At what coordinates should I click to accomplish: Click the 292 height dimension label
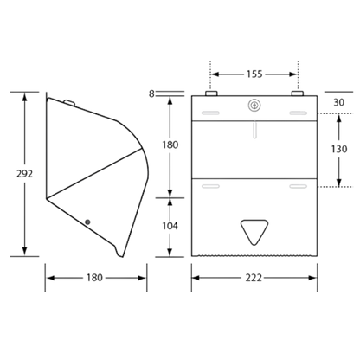[x=24, y=174]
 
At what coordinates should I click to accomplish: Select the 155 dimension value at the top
[x=254, y=74]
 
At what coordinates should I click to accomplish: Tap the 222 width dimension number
[x=254, y=278]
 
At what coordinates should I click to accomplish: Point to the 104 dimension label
[x=170, y=226]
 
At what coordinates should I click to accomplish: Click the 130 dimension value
[x=339, y=149]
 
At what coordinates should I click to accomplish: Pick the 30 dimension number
[x=338, y=102]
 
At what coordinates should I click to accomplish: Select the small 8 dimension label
[x=151, y=93]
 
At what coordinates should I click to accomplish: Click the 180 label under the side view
[x=94, y=278]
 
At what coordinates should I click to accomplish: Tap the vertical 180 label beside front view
[x=170, y=145]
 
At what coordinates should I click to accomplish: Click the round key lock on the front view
[x=254, y=106]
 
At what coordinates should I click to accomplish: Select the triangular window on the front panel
[x=254, y=232]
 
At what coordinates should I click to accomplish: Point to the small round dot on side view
[x=87, y=222]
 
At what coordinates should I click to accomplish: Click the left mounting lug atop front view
[x=211, y=93]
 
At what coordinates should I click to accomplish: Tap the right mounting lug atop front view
[x=298, y=93]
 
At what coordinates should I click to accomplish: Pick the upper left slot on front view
[x=210, y=113]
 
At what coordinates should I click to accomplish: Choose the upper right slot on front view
[x=299, y=113]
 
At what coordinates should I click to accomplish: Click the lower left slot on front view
[x=210, y=186]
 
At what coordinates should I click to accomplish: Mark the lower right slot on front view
[x=299, y=186]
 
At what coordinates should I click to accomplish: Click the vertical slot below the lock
[x=254, y=130]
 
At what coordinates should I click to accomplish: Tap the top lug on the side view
[x=69, y=102]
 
